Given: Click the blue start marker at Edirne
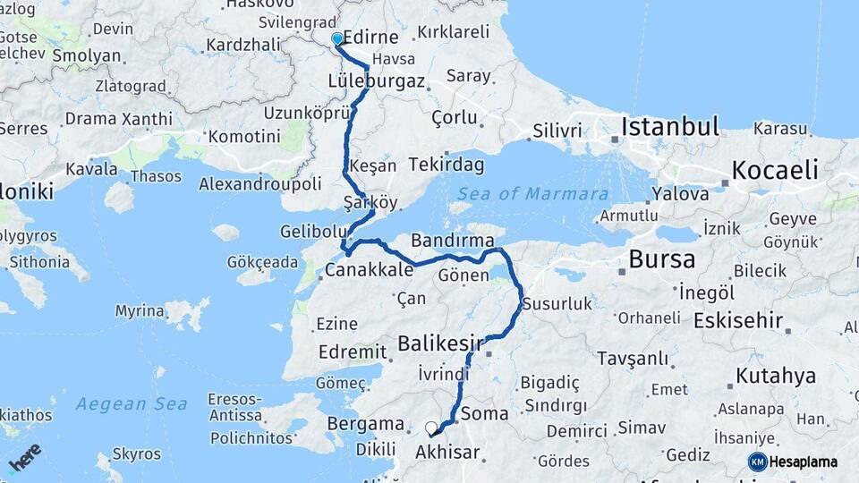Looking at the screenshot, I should tap(337, 38).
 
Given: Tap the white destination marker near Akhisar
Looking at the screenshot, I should tap(431, 428).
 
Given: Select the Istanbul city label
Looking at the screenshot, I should tap(671, 126).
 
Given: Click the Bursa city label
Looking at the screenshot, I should tap(661, 259).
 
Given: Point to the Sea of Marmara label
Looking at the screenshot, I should tap(532, 194).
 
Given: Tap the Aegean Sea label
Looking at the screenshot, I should tap(131, 404).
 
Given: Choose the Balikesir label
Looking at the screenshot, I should tap(440, 343).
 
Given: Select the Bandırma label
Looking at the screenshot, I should tap(453, 241).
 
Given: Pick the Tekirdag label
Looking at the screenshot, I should tap(447, 165).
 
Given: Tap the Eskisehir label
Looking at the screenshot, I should tap(738, 319).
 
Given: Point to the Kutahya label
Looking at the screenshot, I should tap(775, 375).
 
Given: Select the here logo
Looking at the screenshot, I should tap(24, 457).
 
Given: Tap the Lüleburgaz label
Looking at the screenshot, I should tap(376, 80).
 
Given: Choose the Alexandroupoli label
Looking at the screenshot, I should tap(259, 183).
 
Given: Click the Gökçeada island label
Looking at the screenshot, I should tap(262, 262).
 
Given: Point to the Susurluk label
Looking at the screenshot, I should tap(557, 304).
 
